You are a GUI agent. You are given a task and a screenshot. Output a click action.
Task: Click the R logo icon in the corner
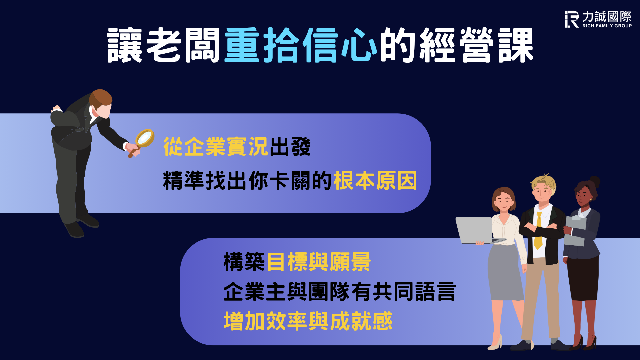click(571, 19)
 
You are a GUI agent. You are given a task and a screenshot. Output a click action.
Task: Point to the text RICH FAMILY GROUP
click(607, 26)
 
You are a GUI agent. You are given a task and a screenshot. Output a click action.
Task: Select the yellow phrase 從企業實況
click(216, 146)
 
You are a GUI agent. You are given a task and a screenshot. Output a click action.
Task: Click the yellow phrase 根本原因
click(375, 180)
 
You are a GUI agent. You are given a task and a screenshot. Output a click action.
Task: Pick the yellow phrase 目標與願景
click(319, 262)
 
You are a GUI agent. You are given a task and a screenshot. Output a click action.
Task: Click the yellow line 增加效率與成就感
click(308, 321)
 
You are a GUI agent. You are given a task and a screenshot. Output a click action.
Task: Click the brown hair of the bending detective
click(101, 97)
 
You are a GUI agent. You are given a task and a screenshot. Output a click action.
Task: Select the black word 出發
click(290, 146)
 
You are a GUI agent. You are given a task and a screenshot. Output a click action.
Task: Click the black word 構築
click(244, 262)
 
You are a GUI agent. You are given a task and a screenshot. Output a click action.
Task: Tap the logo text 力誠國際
click(607, 16)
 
